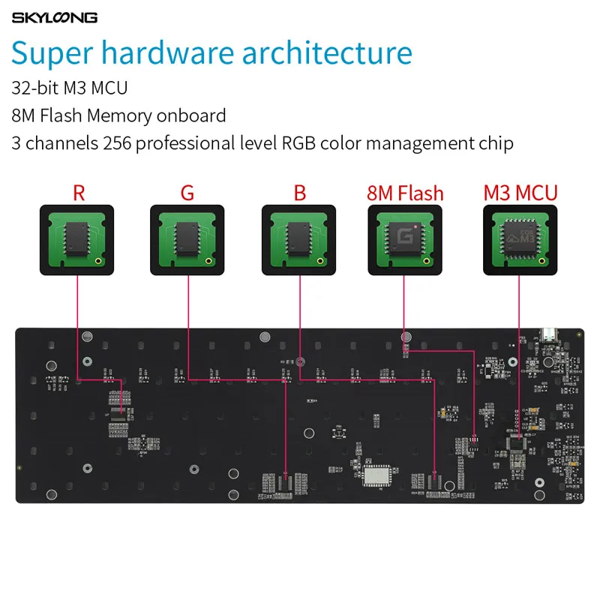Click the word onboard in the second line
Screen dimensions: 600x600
(191, 115)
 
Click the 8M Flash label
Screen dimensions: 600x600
(405, 193)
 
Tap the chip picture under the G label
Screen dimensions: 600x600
(187, 238)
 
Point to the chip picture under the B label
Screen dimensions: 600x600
(298, 238)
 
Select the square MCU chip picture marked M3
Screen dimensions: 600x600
(520, 238)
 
